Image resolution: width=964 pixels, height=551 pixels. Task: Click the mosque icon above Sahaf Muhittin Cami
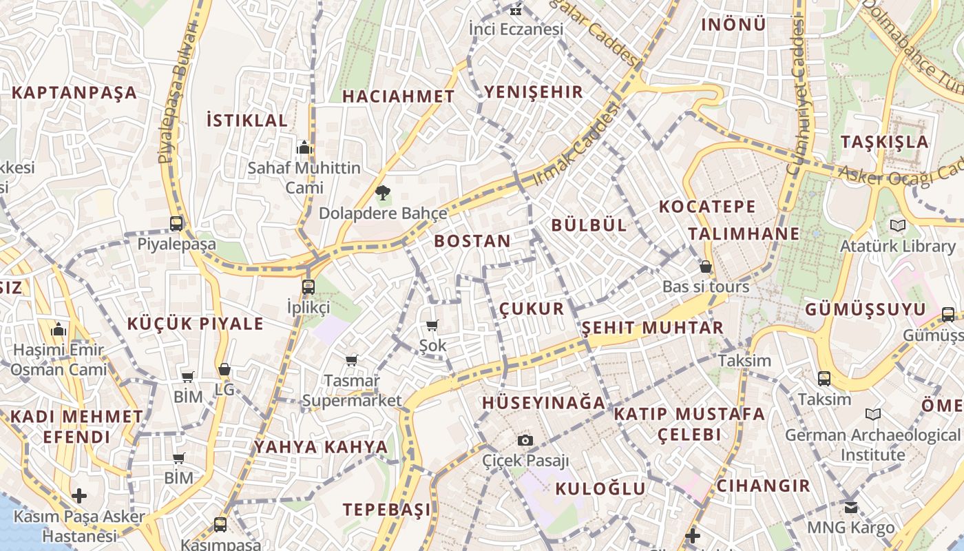[x=304, y=147]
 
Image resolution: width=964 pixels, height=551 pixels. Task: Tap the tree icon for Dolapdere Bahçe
[x=382, y=193]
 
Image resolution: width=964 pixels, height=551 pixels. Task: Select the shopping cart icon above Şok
[x=432, y=325]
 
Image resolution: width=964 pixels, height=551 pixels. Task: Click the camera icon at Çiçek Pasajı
[x=525, y=440]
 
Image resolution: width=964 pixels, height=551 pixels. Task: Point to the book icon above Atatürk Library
[x=898, y=225]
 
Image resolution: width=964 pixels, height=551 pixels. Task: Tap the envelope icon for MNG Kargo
[x=851, y=508]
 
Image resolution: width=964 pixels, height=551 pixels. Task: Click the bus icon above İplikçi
[x=308, y=287]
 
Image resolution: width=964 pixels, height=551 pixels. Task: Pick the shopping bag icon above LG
[x=224, y=370]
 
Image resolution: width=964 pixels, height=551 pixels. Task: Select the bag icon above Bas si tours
[x=706, y=267]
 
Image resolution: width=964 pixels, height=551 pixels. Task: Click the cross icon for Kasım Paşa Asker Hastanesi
[x=79, y=496]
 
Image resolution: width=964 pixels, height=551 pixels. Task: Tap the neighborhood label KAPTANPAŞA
[x=74, y=92]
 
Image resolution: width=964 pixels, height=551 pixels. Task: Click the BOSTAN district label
[x=472, y=241]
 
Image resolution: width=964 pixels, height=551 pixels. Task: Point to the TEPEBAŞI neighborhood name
[x=387, y=510]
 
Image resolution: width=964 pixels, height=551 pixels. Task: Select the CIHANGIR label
[x=763, y=486]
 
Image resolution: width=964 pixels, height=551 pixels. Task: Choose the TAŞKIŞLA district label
[x=884, y=142]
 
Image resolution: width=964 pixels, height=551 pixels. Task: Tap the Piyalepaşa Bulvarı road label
[x=176, y=93]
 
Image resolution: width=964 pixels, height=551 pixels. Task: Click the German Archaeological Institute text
[x=872, y=445]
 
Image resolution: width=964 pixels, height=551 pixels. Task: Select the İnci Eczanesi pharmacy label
[x=516, y=29]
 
